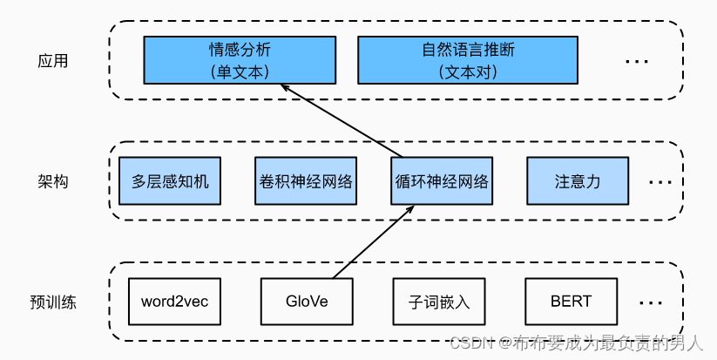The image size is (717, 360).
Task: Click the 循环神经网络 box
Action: (440, 181)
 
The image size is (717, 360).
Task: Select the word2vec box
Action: (174, 302)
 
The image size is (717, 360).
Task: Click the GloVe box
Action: (307, 302)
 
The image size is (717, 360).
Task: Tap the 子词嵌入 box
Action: (440, 302)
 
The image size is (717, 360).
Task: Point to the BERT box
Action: (571, 302)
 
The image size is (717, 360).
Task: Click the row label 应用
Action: (53, 61)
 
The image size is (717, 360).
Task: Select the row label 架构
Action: (53, 182)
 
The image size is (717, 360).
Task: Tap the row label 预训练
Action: (53, 303)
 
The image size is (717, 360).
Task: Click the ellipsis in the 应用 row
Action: (637, 62)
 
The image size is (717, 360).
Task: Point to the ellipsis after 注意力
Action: (660, 183)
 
